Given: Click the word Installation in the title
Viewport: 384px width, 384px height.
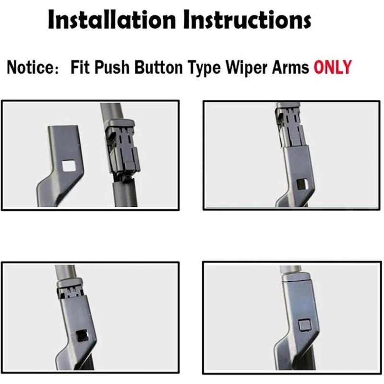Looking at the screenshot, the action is (112, 19).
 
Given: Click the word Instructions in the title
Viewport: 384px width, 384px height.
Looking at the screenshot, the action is (247, 19).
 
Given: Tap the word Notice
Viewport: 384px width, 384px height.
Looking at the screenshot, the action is (30, 67).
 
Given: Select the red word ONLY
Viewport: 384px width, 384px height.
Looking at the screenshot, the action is (332, 67).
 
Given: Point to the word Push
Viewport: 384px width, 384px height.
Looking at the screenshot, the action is (112, 67).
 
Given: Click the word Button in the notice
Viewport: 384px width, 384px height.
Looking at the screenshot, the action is (158, 67).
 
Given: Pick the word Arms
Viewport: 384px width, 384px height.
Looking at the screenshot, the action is (290, 67).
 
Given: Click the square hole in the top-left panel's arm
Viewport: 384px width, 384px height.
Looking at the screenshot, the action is (69, 166).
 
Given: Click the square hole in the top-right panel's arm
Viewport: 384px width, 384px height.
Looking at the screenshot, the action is (302, 184).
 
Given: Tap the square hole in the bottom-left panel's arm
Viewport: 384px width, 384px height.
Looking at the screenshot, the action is (83, 336).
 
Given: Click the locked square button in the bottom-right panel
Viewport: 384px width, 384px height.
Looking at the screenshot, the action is (305, 325).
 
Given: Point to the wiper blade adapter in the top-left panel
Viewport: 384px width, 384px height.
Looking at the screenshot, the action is (122, 149).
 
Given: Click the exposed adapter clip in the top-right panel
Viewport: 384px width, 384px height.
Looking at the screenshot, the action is (290, 125).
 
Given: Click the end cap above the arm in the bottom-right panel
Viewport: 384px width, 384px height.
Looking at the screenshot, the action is (297, 277).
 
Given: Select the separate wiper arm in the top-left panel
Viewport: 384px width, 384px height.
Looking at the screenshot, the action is (60, 166).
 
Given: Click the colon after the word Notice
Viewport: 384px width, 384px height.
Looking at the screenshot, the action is (57, 69).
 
